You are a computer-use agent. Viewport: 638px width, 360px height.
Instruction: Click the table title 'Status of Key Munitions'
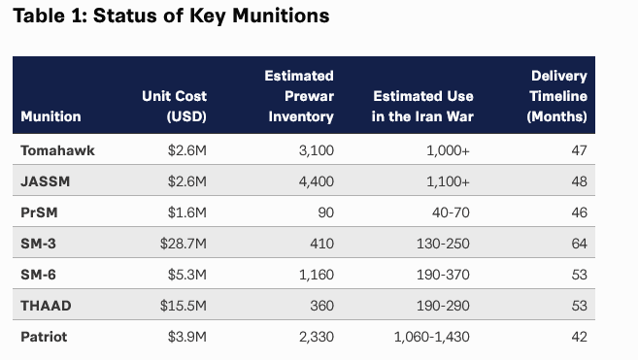[211, 16]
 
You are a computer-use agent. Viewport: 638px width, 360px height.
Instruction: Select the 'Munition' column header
[50, 116]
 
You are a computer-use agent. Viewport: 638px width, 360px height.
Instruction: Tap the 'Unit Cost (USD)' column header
[174, 106]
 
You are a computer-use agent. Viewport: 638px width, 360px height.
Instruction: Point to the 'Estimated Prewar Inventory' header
[299, 96]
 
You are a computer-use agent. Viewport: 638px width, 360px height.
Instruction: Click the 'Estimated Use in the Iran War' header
[422, 106]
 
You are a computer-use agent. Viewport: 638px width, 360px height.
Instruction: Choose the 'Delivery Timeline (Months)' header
[556, 96]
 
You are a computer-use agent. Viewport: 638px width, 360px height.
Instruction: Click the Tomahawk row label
[57, 150]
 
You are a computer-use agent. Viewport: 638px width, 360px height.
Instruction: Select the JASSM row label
[46, 181]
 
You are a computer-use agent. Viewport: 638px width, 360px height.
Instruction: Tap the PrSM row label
[39, 213]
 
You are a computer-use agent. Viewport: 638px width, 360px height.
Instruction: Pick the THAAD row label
[46, 306]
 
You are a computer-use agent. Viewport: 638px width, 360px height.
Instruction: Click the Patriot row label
[44, 337]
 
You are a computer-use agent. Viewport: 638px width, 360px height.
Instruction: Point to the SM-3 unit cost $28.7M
[184, 244]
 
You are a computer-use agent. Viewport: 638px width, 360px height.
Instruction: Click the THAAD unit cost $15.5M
[184, 306]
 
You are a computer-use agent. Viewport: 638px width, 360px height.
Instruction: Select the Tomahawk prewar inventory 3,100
[317, 150]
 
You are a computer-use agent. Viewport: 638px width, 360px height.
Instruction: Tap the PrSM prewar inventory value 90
[325, 213]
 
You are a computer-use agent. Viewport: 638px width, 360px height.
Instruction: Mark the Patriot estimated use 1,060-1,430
[432, 337]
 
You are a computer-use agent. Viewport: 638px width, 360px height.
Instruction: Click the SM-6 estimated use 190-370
[443, 275]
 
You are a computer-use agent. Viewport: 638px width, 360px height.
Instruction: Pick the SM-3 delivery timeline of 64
[579, 244]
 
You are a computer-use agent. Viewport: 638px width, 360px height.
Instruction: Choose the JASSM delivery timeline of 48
[579, 181]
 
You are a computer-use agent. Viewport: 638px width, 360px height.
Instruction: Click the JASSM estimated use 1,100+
[448, 181]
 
